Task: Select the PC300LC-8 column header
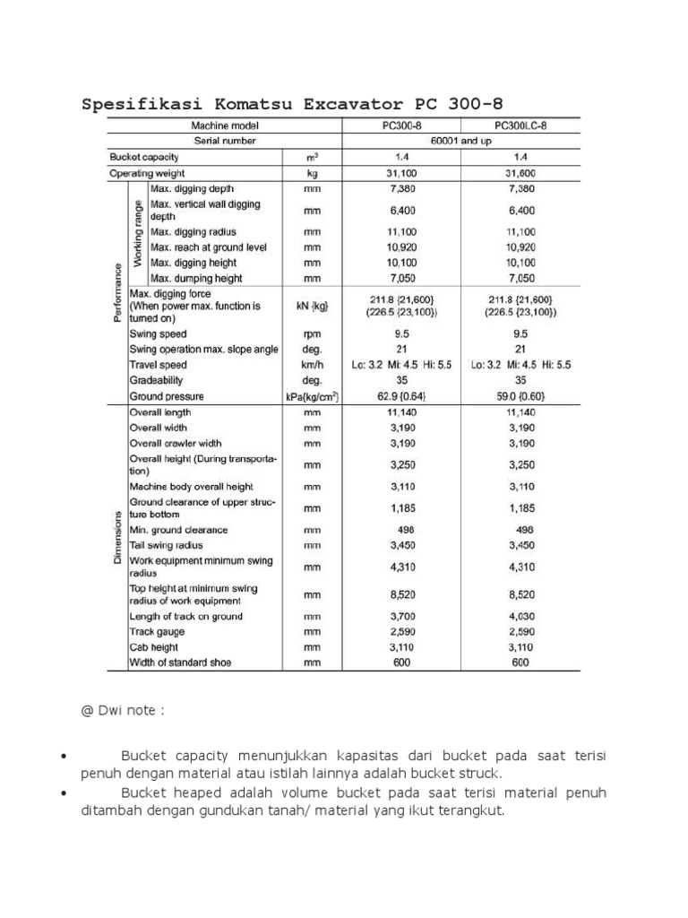pos(520,126)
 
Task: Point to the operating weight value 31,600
pos(520,172)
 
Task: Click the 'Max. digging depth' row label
pos(193,188)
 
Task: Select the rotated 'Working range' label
pos(139,232)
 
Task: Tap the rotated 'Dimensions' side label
pos(117,537)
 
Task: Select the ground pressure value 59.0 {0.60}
pos(520,395)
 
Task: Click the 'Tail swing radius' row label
pos(167,545)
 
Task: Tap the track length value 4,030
pos(520,617)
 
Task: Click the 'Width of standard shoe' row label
pos(180,663)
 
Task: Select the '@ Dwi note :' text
pos(123,711)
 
